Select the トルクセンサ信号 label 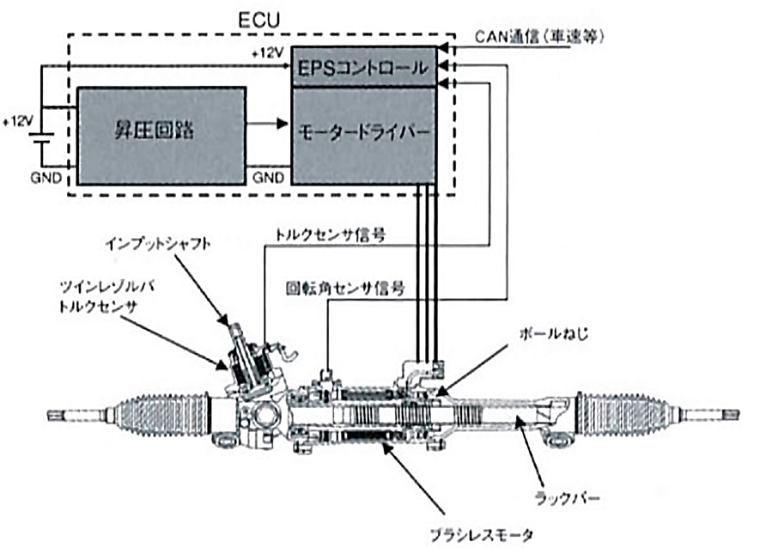tap(328, 232)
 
